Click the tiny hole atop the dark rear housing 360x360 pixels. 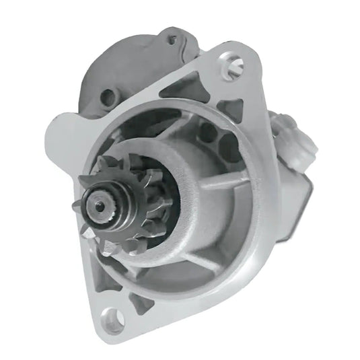[170, 40]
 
